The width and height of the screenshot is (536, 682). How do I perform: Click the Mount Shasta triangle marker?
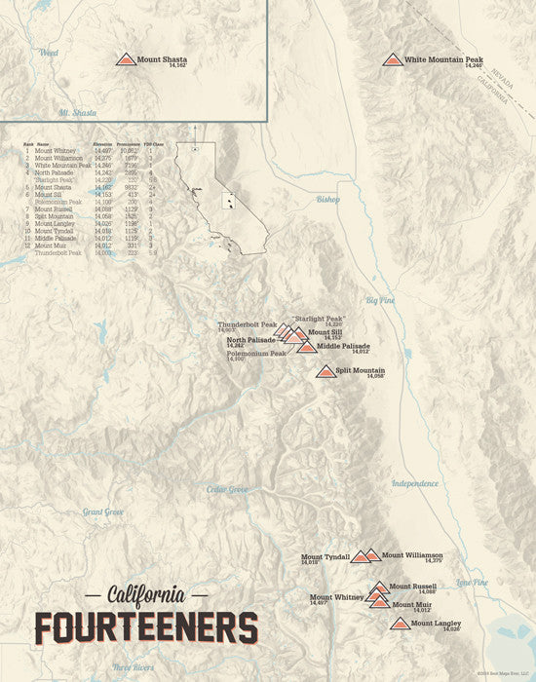click(x=126, y=59)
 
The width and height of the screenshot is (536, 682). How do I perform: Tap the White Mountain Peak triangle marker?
click(x=393, y=59)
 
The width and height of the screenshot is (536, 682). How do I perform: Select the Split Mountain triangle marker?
click(x=325, y=371)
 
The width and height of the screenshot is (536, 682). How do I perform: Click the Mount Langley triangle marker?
click(x=400, y=623)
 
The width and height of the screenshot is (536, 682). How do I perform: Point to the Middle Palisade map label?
click(x=343, y=346)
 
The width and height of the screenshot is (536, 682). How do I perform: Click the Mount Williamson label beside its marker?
click(x=412, y=555)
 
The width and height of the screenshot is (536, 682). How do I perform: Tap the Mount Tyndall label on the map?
click(x=325, y=556)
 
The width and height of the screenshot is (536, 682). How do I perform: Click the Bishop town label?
click(x=328, y=199)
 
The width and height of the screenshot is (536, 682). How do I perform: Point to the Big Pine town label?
click(x=381, y=301)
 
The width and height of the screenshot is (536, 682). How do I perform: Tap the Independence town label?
click(x=415, y=483)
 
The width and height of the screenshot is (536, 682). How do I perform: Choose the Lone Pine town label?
click(x=472, y=582)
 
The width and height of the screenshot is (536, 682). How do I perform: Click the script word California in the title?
click(x=146, y=593)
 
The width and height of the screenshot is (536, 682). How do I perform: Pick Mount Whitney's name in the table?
click(x=56, y=151)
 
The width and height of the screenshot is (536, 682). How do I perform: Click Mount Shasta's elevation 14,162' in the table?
click(x=104, y=187)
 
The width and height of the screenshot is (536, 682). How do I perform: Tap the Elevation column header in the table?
click(x=102, y=144)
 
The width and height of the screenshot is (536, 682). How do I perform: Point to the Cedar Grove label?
click(x=227, y=489)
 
